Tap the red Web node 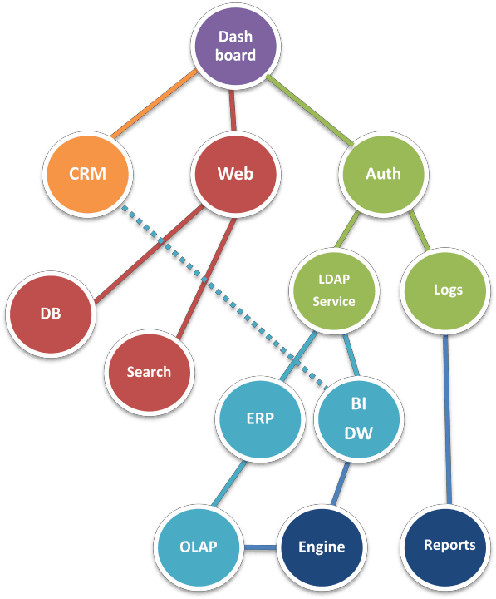point(235,174)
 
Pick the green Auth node point(383,174)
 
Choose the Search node point(149,372)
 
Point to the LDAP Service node point(334,290)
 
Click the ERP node point(258,418)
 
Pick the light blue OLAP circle point(198,547)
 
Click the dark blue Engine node point(321,547)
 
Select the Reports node point(449,546)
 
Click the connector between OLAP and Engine point(259,547)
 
